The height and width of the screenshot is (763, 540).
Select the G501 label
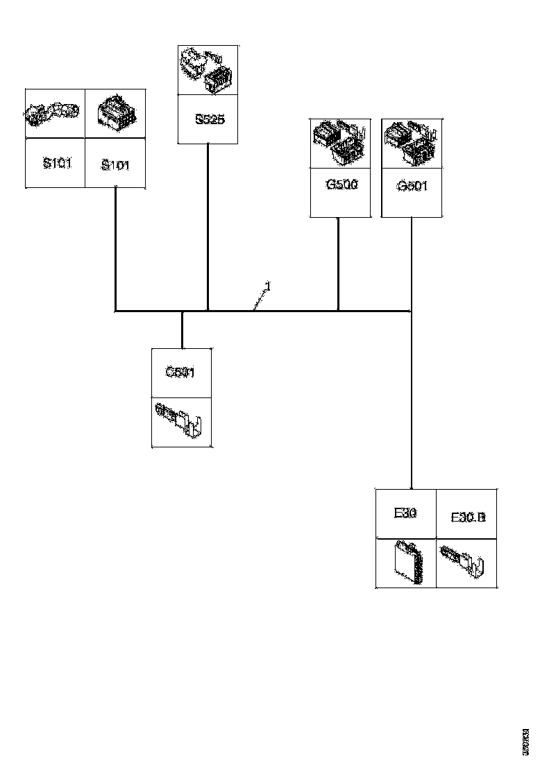(412, 186)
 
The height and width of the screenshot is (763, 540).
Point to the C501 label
(180, 372)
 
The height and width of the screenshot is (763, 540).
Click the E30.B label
(468, 517)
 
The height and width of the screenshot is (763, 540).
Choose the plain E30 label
(405, 513)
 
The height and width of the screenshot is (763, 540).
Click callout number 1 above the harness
(267, 286)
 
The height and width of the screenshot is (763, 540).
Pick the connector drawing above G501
(412, 142)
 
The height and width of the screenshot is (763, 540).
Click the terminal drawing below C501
(180, 420)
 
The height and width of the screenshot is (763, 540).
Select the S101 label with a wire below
(115, 165)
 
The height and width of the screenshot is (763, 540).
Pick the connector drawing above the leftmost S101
(54, 112)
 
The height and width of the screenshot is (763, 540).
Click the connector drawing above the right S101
(115, 112)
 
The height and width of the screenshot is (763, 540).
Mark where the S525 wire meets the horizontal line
(208, 311)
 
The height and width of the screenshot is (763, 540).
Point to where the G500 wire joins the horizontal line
(338, 311)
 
